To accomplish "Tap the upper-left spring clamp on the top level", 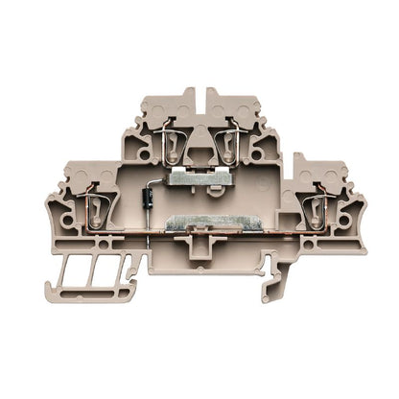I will (172, 146).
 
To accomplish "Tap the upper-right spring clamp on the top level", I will (227, 146).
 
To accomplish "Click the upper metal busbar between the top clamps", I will (199, 178).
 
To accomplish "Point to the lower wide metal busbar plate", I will (199, 226).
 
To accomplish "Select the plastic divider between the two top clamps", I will (199, 144).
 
